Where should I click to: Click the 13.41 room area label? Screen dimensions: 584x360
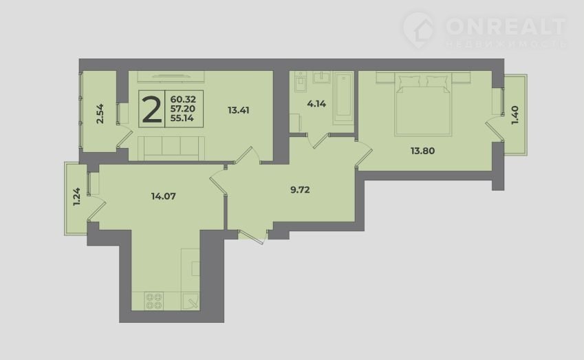[x=239, y=110]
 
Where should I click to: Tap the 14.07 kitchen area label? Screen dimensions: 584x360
[x=164, y=196]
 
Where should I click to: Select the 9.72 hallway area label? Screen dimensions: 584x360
[x=300, y=190]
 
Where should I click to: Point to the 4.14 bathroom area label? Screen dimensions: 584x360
[x=316, y=104]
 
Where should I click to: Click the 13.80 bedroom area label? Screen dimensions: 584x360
[x=423, y=151]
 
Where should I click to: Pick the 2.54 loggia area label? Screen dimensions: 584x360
[x=100, y=114]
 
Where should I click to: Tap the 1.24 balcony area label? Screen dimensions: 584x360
[x=76, y=197]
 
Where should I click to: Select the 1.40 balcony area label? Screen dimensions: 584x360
[x=515, y=116]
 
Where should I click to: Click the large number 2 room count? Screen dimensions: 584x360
[x=152, y=109]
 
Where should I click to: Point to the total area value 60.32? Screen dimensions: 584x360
[x=183, y=100]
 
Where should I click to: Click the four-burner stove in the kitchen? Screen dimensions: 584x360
[x=155, y=301]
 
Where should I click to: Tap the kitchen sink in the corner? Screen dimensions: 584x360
[x=191, y=301]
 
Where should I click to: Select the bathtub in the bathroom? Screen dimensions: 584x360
[x=343, y=96]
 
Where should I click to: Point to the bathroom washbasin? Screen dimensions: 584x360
[x=321, y=77]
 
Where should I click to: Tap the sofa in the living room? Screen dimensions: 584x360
[x=171, y=148]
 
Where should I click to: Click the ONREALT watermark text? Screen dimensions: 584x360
[x=506, y=26]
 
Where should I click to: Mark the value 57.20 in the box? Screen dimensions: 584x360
[x=183, y=109]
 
